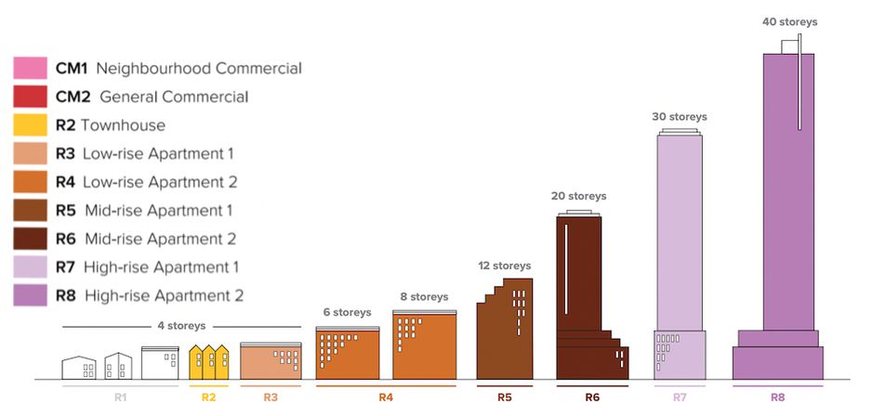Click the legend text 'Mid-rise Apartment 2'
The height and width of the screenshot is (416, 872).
point(160,239)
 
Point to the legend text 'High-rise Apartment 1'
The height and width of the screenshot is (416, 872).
point(161,267)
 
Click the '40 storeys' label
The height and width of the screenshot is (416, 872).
point(789,22)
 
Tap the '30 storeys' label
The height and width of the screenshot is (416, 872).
point(679,117)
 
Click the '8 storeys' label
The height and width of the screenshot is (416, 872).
point(423,297)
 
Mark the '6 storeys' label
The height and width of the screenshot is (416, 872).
point(347,312)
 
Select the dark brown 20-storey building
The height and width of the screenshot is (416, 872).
point(581,288)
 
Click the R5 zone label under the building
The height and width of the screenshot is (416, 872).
point(504,397)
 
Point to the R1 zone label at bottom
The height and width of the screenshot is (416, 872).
point(120,397)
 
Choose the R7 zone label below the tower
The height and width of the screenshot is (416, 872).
point(680,397)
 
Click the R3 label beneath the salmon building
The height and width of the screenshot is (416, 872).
point(270,397)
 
